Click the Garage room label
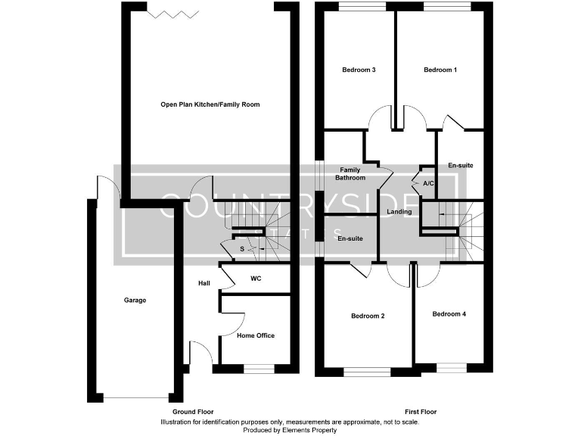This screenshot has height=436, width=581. coord(135,301)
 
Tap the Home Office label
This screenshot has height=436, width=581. coord(256,335)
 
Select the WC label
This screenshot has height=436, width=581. coord(256,279)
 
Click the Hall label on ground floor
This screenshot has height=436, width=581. coord(204,283)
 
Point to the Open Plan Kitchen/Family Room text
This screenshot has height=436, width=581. coord(210,104)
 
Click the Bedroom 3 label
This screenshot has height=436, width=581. coord(359,70)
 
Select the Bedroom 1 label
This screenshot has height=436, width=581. coord(440,70)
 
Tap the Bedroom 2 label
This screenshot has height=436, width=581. coord(368,316)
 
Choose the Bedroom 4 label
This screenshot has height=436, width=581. coord(449,313)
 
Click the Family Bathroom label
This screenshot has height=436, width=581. coord(350,174)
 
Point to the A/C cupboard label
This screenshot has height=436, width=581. coord(428,184)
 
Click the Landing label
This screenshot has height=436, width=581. coord(399,211)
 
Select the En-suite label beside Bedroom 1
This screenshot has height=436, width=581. coord(461,166)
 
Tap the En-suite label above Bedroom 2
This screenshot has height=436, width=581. coord(350,238)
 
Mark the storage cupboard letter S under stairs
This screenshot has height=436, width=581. coord(242,249)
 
